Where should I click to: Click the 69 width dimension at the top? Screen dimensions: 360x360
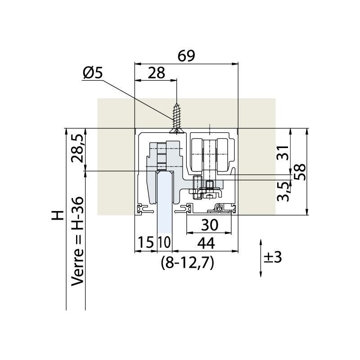[186, 55]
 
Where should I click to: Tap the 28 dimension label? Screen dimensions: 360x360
[156, 73]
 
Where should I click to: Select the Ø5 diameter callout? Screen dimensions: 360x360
[93, 73]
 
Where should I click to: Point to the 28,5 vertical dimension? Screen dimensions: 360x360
[77, 148]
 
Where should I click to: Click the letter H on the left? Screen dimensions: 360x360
[58, 215]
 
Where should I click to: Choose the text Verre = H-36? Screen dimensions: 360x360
[77, 241]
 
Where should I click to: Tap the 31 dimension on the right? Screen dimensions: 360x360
[283, 153]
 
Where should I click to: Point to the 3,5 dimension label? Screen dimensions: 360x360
[283, 192]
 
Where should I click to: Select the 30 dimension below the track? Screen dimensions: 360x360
[209, 225]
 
